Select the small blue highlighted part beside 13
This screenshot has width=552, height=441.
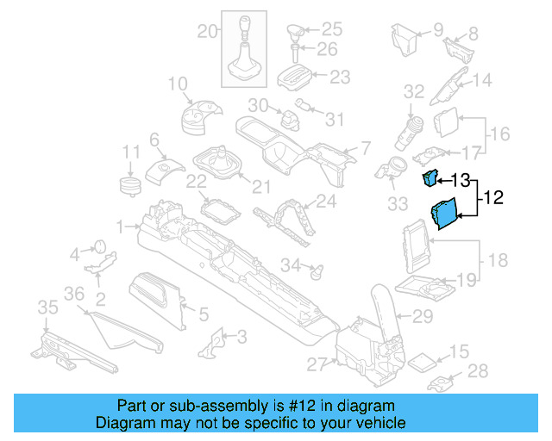click(x=430, y=178)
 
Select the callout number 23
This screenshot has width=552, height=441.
click(x=340, y=78)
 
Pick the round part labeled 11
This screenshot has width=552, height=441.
click(x=130, y=186)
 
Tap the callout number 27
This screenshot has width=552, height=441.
click(x=317, y=363)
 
